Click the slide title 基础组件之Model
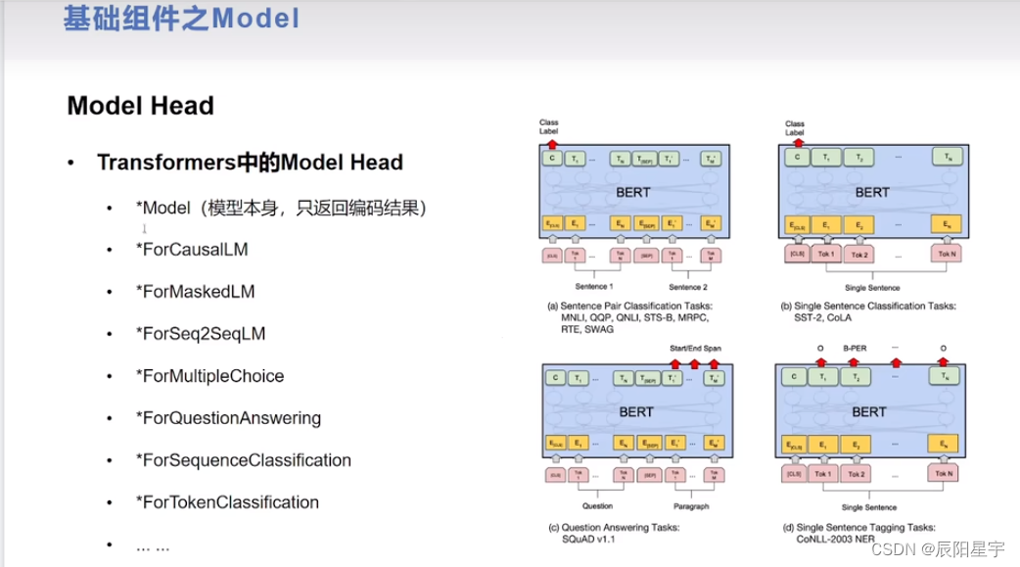click(x=181, y=19)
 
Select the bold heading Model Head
click(x=140, y=106)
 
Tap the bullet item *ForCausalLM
click(x=192, y=250)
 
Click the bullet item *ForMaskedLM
click(x=195, y=292)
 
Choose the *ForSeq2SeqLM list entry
click(x=201, y=334)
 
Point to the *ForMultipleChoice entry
click(x=209, y=376)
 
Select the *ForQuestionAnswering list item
click(x=228, y=418)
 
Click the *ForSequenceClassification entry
click(x=243, y=460)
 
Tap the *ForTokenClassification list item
click(x=227, y=502)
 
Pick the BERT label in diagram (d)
click(x=868, y=412)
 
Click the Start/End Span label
click(x=696, y=348)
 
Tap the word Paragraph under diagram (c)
click(x=691, y=506)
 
